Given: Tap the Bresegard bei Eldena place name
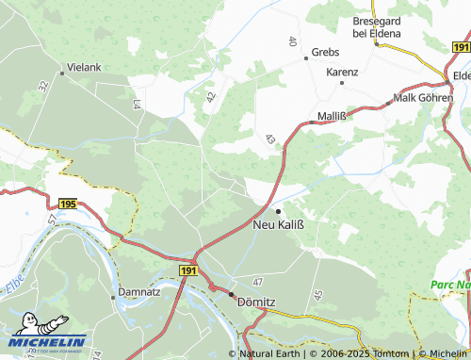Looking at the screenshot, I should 377,27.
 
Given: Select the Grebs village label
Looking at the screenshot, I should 325,53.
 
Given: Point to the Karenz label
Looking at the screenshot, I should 342,72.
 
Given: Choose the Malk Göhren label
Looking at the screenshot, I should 423,97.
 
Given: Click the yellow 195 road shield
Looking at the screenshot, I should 66,204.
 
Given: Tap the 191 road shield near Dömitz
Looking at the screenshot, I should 188,270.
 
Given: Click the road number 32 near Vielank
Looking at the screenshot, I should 43,86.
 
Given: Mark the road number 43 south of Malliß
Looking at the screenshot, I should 270,139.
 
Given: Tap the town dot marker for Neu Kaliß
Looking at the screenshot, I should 278,210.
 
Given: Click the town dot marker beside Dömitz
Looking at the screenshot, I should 229,294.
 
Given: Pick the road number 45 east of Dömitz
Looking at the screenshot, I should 317,295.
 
